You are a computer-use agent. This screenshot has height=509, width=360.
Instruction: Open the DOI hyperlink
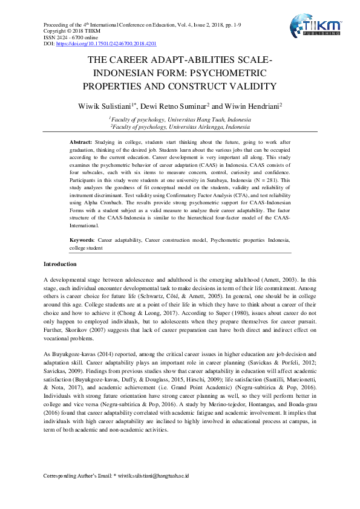(x=106, y=44)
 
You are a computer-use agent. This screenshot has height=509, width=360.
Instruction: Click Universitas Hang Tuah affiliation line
(x=179, y=120)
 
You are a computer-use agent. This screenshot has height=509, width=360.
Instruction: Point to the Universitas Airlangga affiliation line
(x=179, y=128)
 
